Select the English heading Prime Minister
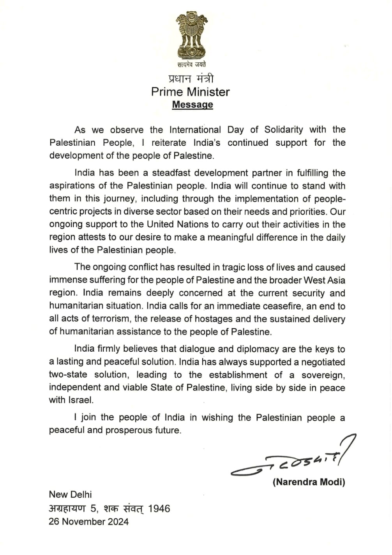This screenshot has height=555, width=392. point(191,92)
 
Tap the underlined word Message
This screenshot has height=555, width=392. point(192,104)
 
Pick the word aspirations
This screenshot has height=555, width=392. point(72,186)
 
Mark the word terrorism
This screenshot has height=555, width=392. point(111,319)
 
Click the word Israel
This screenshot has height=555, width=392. point(81,400)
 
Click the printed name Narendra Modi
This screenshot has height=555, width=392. point(309,482)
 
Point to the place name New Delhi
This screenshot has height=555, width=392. point(70,495)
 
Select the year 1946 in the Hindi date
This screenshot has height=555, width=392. point(159,508)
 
